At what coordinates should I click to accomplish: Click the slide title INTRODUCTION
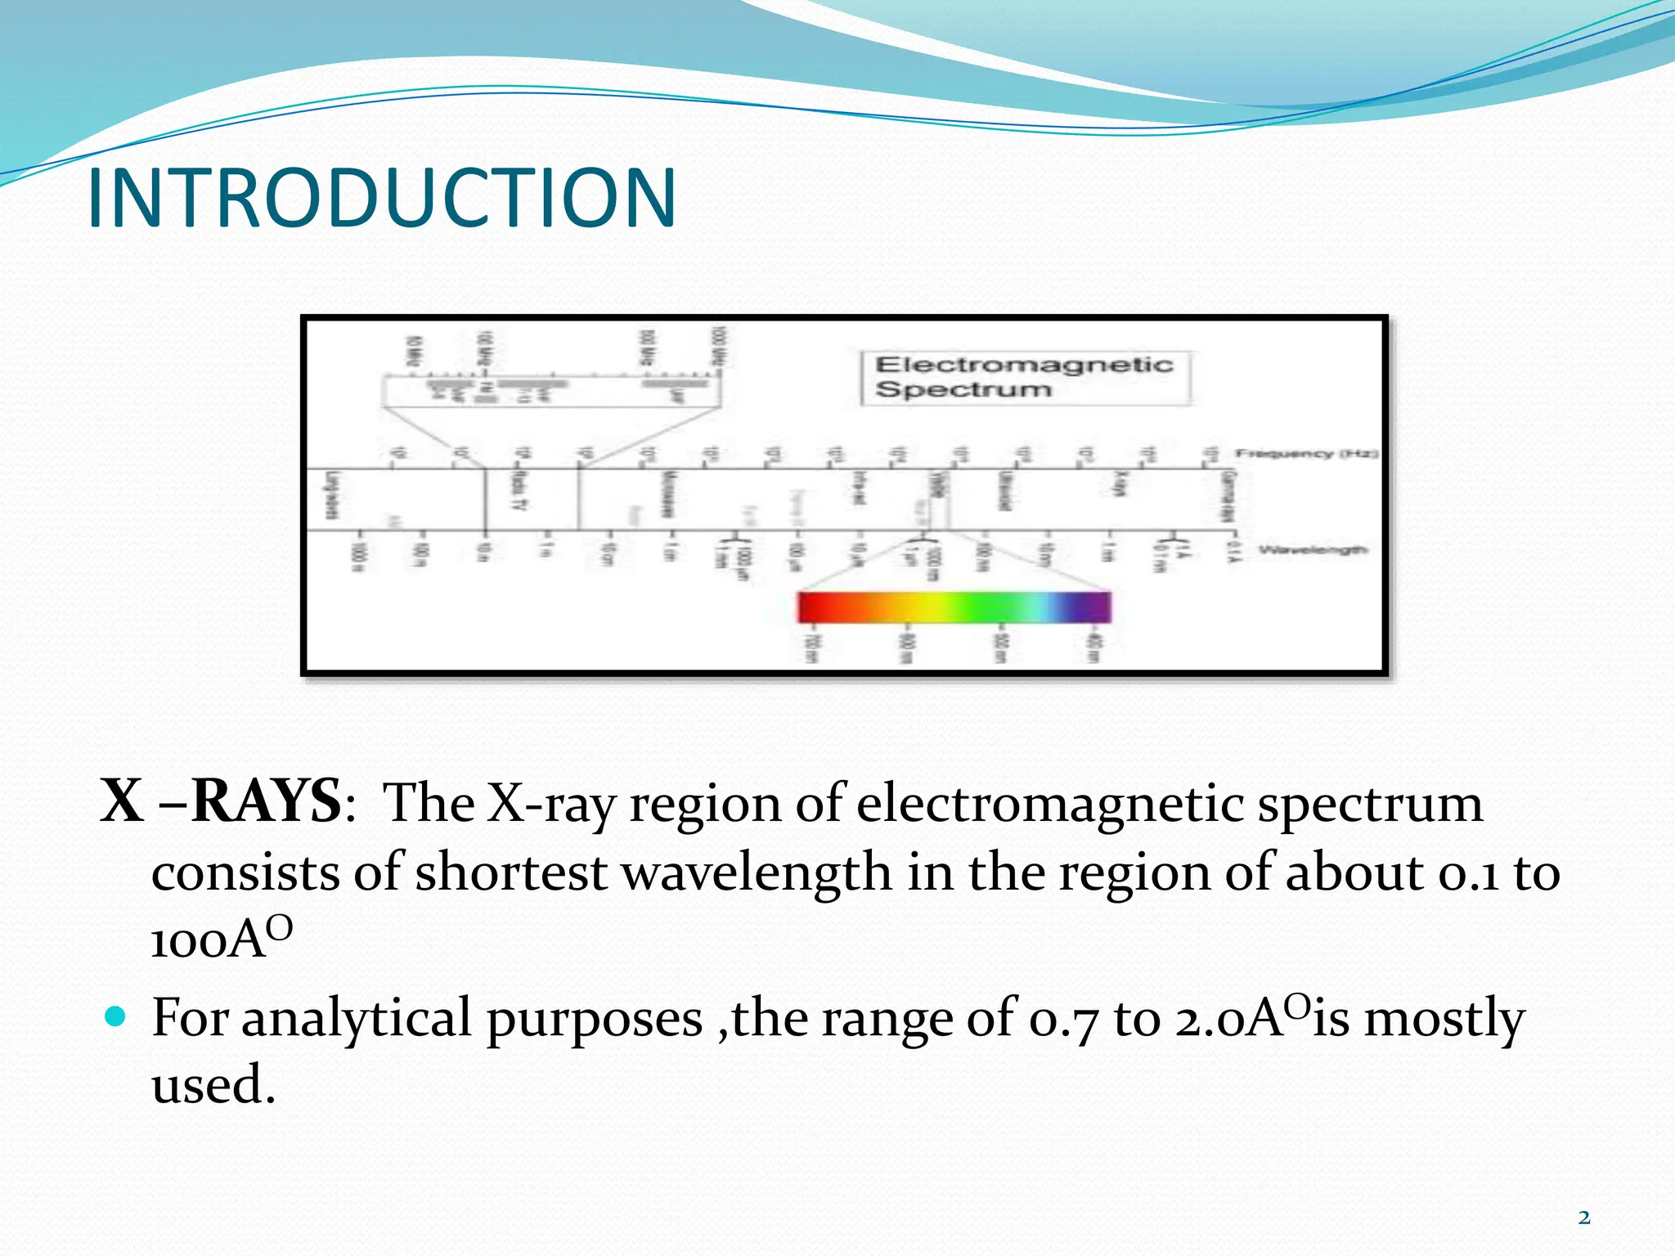coord(381,199)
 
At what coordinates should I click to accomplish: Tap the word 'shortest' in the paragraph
coord(510,872)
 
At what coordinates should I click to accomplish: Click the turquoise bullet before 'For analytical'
coord(116,1017)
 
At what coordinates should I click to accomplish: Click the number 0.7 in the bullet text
coord(1062,1020)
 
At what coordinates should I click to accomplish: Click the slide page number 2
coord(1584,1218)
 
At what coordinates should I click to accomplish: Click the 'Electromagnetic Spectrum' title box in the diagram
coord(1026,378)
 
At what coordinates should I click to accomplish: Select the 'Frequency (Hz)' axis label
coord(1305,453)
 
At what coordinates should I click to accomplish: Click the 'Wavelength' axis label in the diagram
coord(1312,549)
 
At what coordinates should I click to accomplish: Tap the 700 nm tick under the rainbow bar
coord(810,648)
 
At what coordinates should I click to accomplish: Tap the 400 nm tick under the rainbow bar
coord(1093,648)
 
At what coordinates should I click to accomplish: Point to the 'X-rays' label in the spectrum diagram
coord(1122,484)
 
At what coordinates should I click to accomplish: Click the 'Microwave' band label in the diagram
coord(667,494)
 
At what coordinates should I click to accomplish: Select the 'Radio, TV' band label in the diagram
coord(517,491)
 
